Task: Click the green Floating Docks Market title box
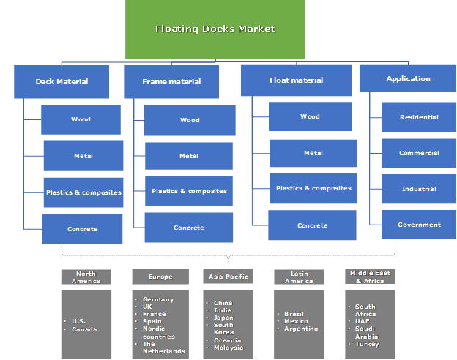215,29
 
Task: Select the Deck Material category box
62,81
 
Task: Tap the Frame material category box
171,81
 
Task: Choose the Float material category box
296,80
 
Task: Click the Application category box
408,78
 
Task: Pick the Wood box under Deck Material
81,119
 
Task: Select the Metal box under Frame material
189,156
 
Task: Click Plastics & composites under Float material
313,188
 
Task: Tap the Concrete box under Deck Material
82,229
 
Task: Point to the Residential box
419,117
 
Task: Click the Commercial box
419,153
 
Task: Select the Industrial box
419,189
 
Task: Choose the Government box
419,225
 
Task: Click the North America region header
86,277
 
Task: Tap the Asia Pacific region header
228,277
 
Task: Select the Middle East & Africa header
370,277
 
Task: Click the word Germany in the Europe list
158,300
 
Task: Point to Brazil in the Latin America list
296,314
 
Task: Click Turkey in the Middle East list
367,343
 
